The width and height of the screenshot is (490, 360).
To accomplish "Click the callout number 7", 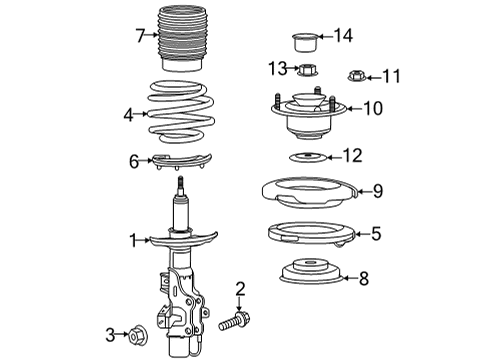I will [141, 37].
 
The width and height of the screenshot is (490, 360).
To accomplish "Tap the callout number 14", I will [343, 37].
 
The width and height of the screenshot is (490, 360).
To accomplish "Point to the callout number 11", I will [391, 75].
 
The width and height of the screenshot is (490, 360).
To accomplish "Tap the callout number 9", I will [378, 190].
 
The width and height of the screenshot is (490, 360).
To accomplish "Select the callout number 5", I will [376, 234].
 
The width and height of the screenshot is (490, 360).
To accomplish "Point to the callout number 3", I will [110, 333].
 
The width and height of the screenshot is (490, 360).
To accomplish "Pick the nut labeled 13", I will [308, 69].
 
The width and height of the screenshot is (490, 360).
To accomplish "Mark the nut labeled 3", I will [138, 333].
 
